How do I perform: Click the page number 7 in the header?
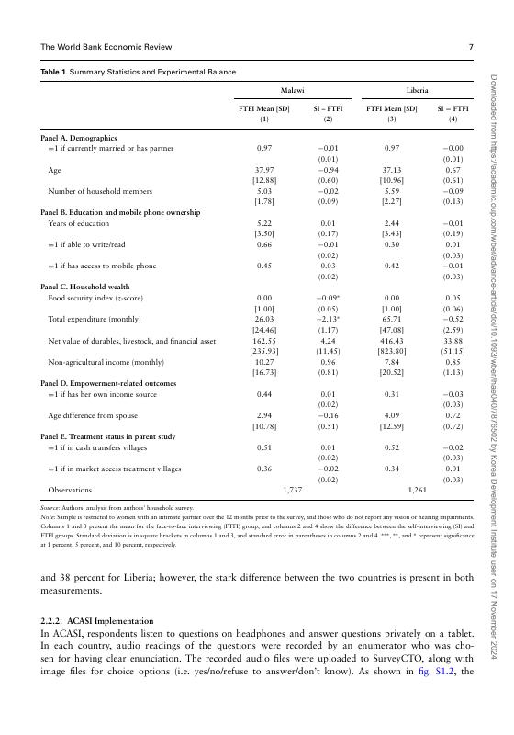[471, 47]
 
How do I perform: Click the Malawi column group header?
[292, 92]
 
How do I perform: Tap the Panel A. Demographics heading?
[77, 136]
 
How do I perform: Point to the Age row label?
[55, 170]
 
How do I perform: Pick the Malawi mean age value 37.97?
[264, 170]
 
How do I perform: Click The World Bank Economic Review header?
[102, 47]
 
